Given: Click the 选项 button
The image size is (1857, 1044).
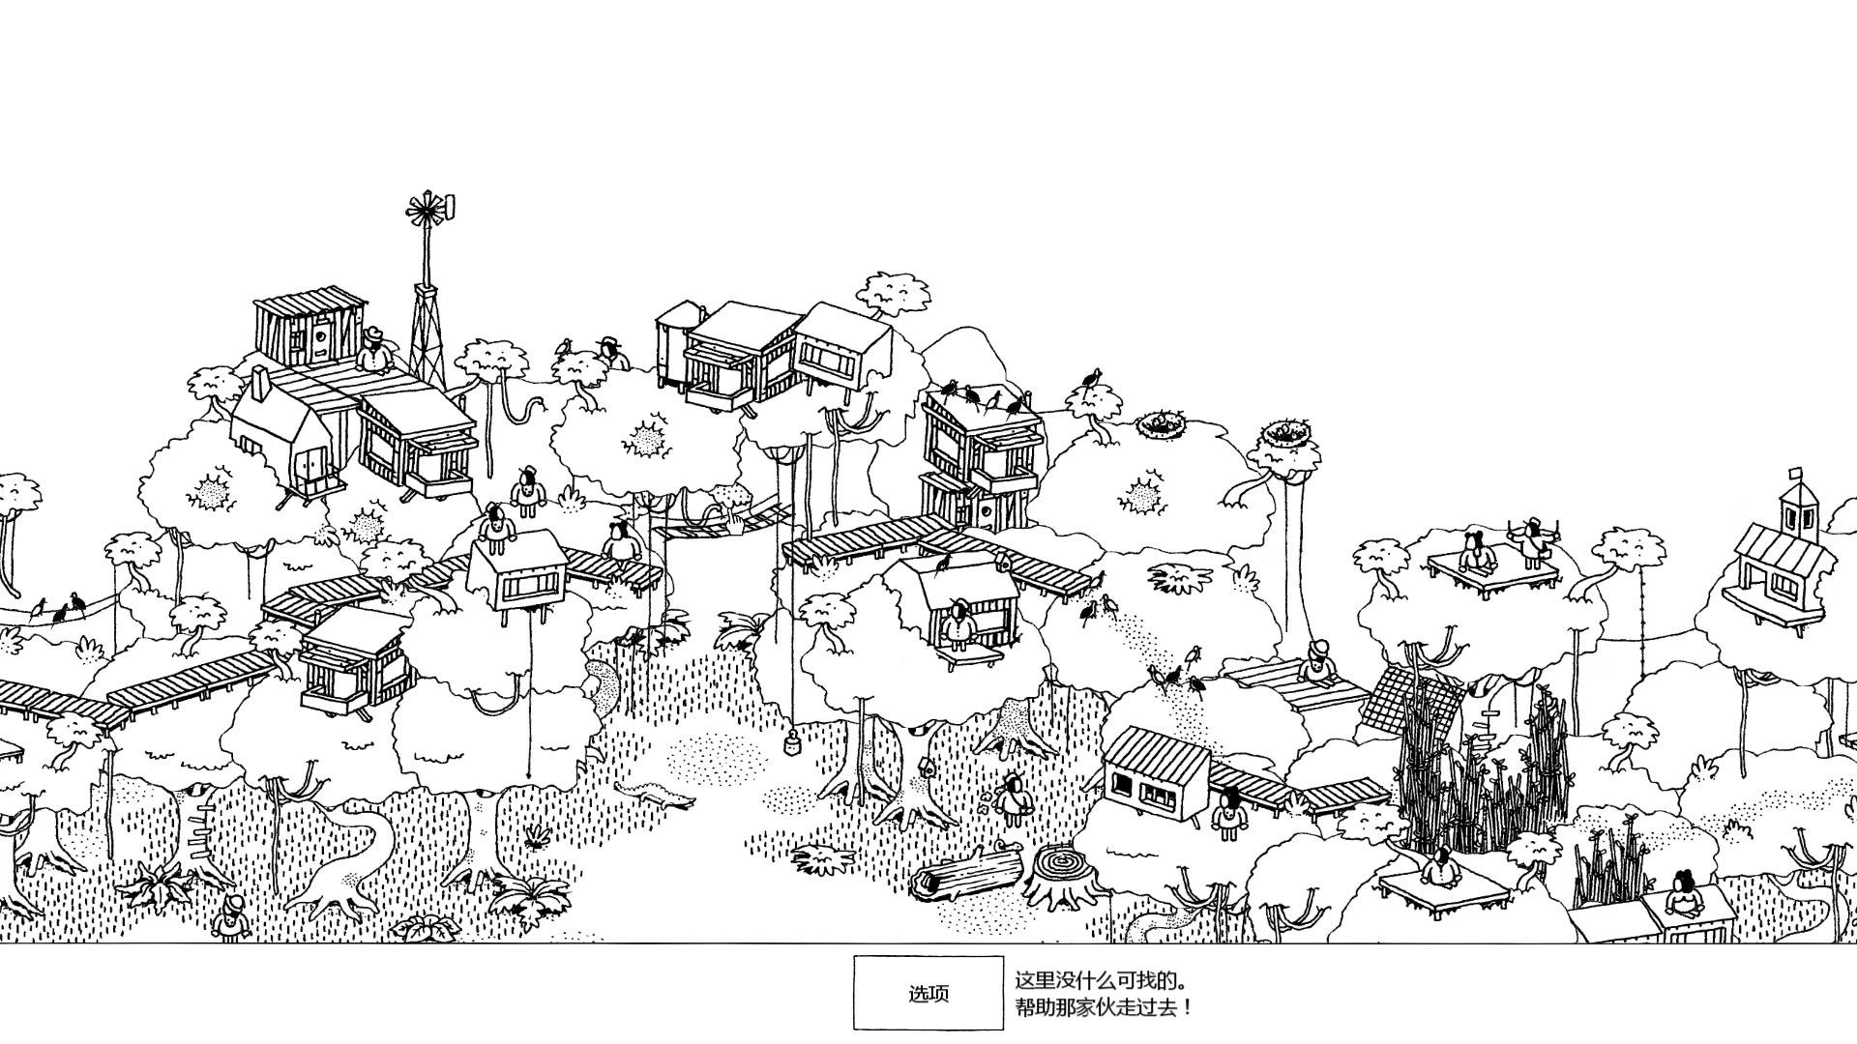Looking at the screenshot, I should (928, 993).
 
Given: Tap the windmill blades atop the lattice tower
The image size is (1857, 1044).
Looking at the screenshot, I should (427, 210).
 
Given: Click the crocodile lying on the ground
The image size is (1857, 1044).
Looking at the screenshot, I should (655, 796).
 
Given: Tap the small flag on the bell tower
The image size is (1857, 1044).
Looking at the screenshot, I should (1796, 473).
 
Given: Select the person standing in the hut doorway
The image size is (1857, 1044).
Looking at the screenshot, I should (959, 626).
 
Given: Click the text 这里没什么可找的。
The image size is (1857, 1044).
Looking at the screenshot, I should (1101, 980).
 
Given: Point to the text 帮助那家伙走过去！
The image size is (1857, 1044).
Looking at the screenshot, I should (1103, 1007).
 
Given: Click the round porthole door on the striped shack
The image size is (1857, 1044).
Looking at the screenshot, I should (319, 338).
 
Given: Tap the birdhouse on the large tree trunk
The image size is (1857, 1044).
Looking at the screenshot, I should (926, 768).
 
